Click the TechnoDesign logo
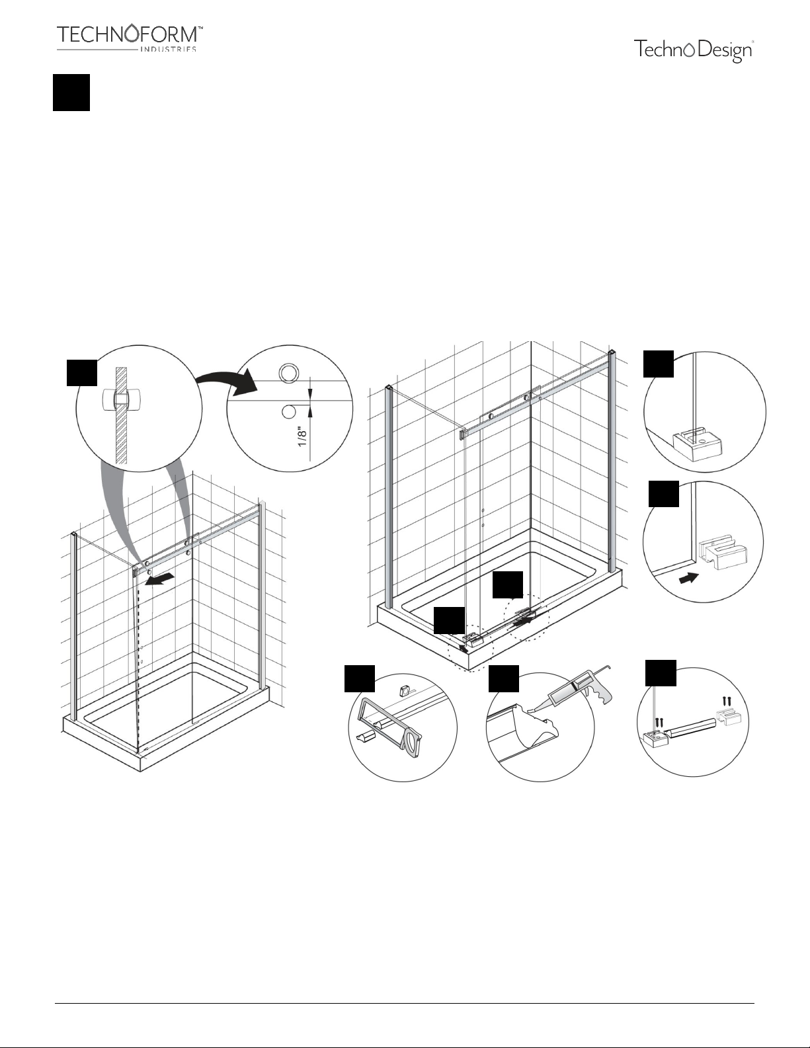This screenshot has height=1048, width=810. pyautogui.click(x=694, y=51)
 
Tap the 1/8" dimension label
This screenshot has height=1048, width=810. pyautogui.click(x=303, y=436)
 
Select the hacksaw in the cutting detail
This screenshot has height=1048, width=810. pyautogui.click(x=391, y=723)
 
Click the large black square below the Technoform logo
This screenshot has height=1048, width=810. pyautogui.click(x=71, y=93)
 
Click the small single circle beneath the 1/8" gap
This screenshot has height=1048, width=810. pyautogui.click(x=288, y=411)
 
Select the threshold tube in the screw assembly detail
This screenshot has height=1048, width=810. pyautogui.click(x=690, y=725)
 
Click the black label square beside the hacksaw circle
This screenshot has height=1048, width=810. pyautogui.click(x=360, y=678)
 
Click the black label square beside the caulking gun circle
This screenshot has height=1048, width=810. pyautogui.click(x=504, y=678)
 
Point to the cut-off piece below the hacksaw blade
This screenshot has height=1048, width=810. pyautogui.click(x=366, y=737)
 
